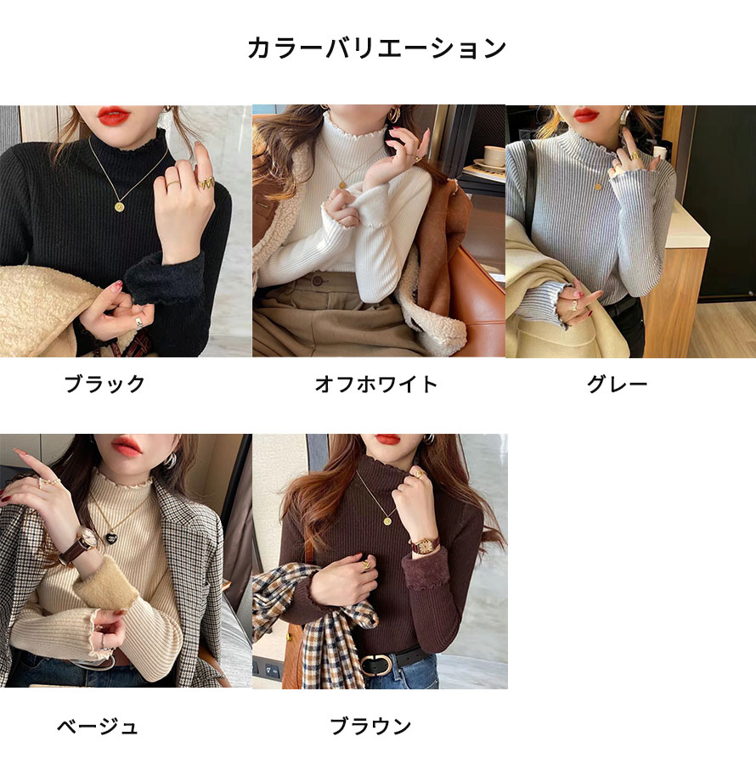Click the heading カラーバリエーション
pos(377,48)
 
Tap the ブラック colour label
pos(104,384)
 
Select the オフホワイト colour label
pos(376,384)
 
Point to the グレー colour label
pos(617,384)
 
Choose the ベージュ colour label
pos(97,726)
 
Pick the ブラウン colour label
pos(370,726)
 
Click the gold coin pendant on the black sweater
pos(119,206)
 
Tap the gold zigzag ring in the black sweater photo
pos(206,183)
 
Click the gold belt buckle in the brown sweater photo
pos(376,665)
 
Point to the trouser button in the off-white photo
pos(317,281)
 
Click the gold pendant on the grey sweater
pos(598,187)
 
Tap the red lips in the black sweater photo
pos(114,115)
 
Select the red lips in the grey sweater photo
pos(586,115)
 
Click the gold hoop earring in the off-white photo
pos(394,114)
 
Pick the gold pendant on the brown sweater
pos(387,521)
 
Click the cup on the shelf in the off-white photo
pos(495,155)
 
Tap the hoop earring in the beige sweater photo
pos(170,460)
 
